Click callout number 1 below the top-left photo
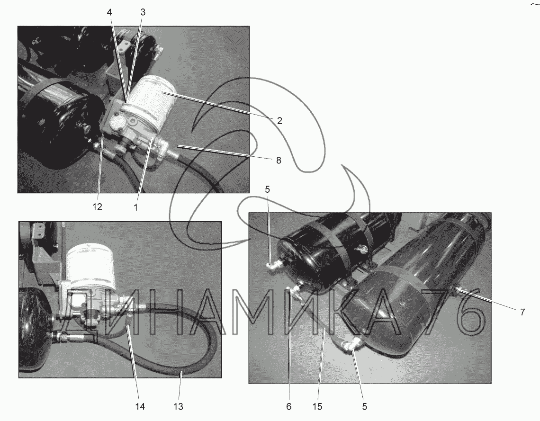tap(135, 207)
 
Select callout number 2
tap(279, 120)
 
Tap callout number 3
tap(143, 12)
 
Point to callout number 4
tap(109, 12)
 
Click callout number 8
tap(279, 161)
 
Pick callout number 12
tap(98, 207)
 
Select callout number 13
tap(178, 406)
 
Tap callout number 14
tap(140, 406)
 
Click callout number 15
tap(317, 406)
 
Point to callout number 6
tap(288, 406)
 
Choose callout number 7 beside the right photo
tap(522, 312)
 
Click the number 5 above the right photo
tap(268, 189)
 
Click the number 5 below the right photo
tap(365, 406)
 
